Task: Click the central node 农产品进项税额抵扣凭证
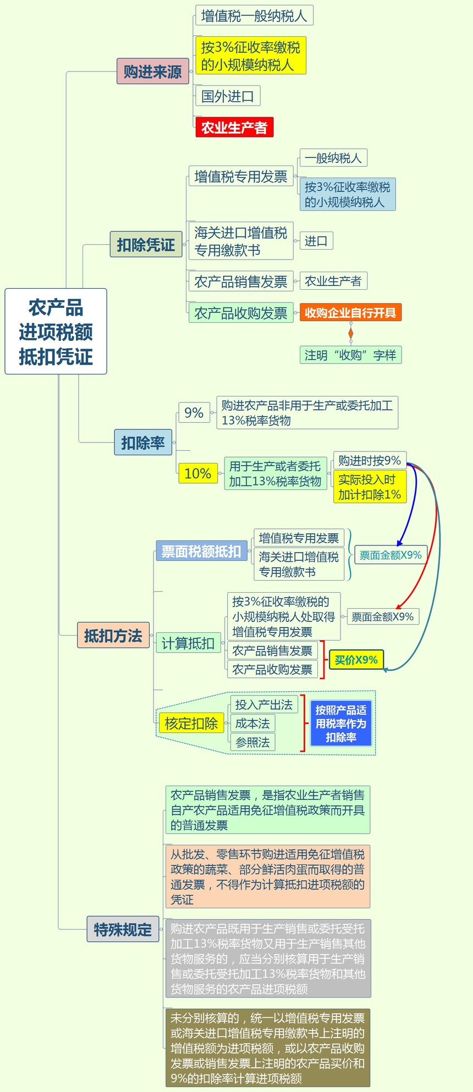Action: tap(56, 332)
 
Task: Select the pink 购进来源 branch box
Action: tap(152, 71)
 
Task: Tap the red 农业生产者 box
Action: tap(234, 128)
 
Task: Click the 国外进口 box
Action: tap(227, 96)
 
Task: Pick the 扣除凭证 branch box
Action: tap(146, 244)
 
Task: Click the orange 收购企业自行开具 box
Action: tap(350, 313)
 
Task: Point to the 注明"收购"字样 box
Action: tap(350, 355)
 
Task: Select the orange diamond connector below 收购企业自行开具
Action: tap(351, 334)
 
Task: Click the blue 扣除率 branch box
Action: tap(143, 443)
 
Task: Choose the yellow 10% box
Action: tap(197, 473)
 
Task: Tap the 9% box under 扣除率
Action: tap(194, 412)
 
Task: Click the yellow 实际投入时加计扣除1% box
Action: tap(369, 487)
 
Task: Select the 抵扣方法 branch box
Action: tap(113, 636)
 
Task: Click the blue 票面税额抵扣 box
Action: tap(201, 551)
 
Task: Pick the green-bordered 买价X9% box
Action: tap(356, 660)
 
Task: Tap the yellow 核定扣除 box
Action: tap(191, 723)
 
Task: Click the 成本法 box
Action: tap(252, 724)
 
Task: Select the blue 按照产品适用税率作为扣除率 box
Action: tap(341, 724)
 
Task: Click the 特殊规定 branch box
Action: tap(123, 930)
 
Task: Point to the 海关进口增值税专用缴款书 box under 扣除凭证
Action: tap(240, 241)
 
